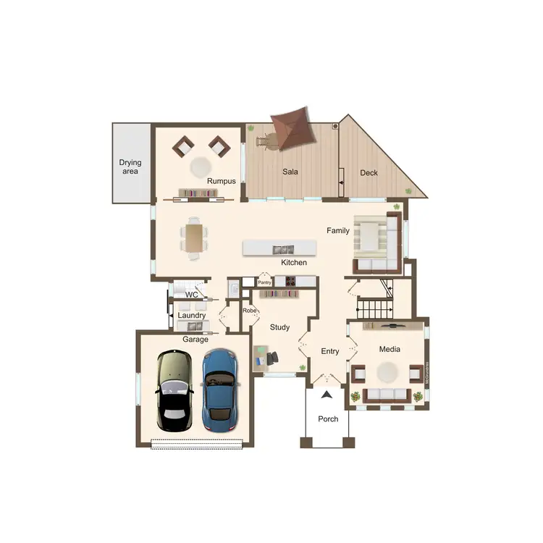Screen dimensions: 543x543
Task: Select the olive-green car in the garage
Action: coord(174,391)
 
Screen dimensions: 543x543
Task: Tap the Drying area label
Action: coord(130,167)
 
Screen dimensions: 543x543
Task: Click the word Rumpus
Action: coord(222,181)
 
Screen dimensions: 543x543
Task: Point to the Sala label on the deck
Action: coord(290,172)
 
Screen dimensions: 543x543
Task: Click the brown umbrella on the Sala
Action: coord(290,129)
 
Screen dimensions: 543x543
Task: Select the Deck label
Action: coord(369,173)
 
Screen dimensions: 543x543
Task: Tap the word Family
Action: coord(338,231)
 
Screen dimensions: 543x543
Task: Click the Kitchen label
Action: coord(294,262)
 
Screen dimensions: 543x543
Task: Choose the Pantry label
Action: coord(264,282)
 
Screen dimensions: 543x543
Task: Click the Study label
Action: coord(279,327)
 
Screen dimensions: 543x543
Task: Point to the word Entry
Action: coord(330,351)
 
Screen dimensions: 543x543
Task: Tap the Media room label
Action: coord(390,350)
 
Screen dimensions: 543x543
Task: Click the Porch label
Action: coord(328,419)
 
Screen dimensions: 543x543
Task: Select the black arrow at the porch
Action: coord(327,395)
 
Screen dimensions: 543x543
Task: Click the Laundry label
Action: coord(192,316)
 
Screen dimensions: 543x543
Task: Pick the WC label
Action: coord(192,295)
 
